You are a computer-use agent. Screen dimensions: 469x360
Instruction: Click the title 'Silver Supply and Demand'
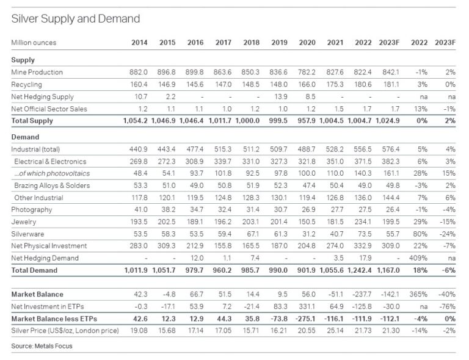click(75, 18)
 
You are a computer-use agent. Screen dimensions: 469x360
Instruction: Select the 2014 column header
click(139, 43)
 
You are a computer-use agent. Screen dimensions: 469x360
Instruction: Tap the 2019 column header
click(279, 43)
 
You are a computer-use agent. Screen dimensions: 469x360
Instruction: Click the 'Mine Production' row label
click(37, 72)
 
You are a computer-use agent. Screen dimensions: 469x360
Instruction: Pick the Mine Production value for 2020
click(307, 72)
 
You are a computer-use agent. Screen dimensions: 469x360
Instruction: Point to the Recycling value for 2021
click(335, 85)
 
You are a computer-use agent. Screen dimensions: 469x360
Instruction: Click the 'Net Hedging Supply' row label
click(42, 97)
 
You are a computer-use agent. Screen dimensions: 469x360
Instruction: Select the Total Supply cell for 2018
click(247, 121)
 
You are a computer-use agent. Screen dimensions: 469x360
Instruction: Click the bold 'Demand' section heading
click(25, 137)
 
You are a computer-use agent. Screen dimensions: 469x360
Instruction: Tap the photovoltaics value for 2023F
click(391, 173)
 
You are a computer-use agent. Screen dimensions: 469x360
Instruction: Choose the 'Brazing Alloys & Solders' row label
click(52, 185)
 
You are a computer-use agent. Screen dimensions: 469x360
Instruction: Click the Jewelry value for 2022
click(363, 222)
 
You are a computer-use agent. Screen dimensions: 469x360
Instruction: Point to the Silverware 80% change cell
click(420, 234)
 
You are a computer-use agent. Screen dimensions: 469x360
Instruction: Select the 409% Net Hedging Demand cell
click(418, 258)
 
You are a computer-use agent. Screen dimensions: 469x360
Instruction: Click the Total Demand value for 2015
click(164, 270)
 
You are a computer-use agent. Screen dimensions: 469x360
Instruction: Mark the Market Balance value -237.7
click(362, 295)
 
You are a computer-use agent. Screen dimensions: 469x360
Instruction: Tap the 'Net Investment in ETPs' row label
click(48, 306)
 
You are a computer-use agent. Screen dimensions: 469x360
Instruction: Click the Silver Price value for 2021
click(335, 331)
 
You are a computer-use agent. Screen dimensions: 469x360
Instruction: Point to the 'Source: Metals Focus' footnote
click(42, 346)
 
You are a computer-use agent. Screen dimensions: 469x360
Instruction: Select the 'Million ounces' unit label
click(34, 43)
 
